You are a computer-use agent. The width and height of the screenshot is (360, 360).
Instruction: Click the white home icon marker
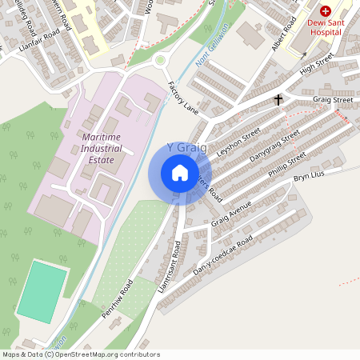(x=180, y=172)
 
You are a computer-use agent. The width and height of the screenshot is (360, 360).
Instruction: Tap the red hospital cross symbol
(x=326, y=11)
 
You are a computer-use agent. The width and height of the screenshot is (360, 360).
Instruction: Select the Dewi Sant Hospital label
(x=326, y=26)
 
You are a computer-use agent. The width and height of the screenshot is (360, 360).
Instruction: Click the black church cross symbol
(x=279, y=100)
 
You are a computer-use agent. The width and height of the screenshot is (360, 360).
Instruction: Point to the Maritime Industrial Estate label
(x=110, y=149)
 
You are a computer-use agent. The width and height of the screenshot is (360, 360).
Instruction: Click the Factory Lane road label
(x=182, y=96)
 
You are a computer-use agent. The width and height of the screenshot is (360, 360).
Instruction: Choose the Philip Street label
(x=287, y=171)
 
